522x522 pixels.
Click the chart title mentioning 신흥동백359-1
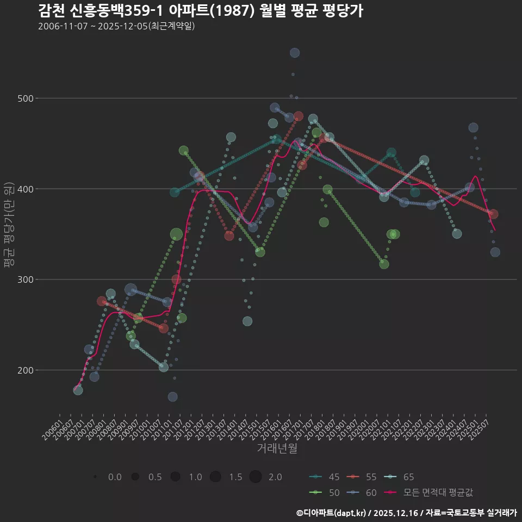click(200, 10)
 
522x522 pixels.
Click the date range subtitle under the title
click(116, 26)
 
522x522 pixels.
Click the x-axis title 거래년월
click(277, 449)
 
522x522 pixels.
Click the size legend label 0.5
click(155, 477)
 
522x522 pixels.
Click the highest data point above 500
click(295, 53)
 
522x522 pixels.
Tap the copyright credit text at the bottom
click(406, 513)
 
